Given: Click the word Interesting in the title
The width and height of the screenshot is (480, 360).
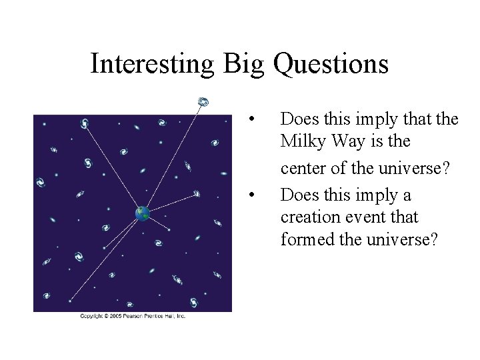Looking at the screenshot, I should click(x=152, y=65).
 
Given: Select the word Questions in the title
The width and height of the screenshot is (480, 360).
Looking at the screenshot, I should click(x=331, y=65).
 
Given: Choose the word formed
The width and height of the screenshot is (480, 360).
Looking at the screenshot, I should click(x=303, y=239).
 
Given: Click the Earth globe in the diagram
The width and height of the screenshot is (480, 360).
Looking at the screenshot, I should click(x=141, y=213).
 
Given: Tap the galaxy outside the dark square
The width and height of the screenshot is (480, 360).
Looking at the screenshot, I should click(x=203, y=101).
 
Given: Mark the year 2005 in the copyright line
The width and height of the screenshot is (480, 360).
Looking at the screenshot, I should click(x=115, y=316).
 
